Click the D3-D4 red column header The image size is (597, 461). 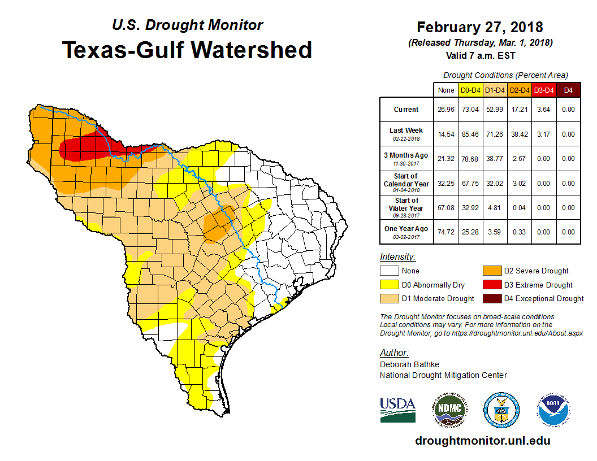[x=543, y=90]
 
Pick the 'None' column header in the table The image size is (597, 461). [x=446, y=90]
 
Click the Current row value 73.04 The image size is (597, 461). [x=470, y=110]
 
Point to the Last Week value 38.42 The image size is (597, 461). [x=520, y=134]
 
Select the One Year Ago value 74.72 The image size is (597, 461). [x=446, y=232]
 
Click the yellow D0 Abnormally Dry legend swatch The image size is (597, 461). [x=390, y=285]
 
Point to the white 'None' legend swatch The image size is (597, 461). [x=390, y=271]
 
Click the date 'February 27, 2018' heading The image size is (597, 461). [x=479, y=27]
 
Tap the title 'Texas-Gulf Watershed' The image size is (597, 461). [x=187, y=50]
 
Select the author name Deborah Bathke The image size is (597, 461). [x=409, y=364]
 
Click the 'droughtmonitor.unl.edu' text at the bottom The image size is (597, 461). [x=482, y=441]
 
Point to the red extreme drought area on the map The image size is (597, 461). [x=90, y=148]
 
